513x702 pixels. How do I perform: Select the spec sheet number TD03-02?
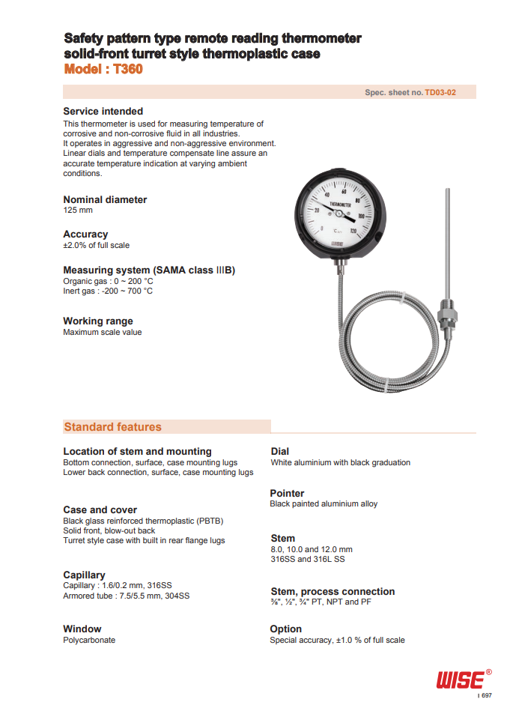pos(440,92)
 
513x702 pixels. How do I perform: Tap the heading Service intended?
pos(103,111)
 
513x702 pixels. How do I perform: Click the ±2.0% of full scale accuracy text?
pos(96,245)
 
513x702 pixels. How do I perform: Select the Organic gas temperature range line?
pos(108,281)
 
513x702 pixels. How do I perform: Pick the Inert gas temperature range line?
pos(108,291)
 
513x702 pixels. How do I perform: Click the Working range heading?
pos(98,321)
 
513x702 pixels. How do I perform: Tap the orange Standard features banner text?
pos(112,427)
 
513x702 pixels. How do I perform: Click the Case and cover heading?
pos(100,509)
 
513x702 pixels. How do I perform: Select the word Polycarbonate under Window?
pos(89,640)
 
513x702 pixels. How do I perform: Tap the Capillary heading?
pos(84,575)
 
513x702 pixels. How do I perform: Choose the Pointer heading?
pos(287,493)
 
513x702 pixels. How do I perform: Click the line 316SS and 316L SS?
pos(308,559)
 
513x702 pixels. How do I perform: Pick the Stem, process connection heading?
pos(332,591)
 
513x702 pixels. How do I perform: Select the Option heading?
pos(285,629)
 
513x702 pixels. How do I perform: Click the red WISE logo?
pos(460,679)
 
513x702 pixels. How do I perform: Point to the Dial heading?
pos(279,451)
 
